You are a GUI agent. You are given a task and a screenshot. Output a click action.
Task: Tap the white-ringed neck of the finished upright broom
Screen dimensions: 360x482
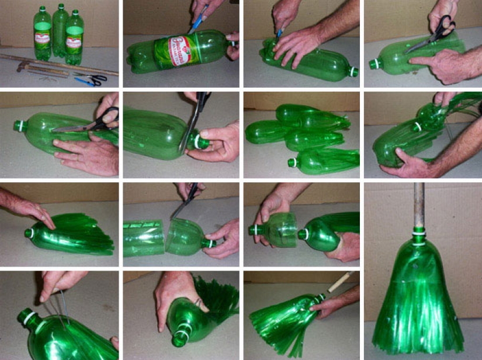(418, 234)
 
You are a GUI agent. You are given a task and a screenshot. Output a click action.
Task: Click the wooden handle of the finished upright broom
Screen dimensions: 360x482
(419, 205)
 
